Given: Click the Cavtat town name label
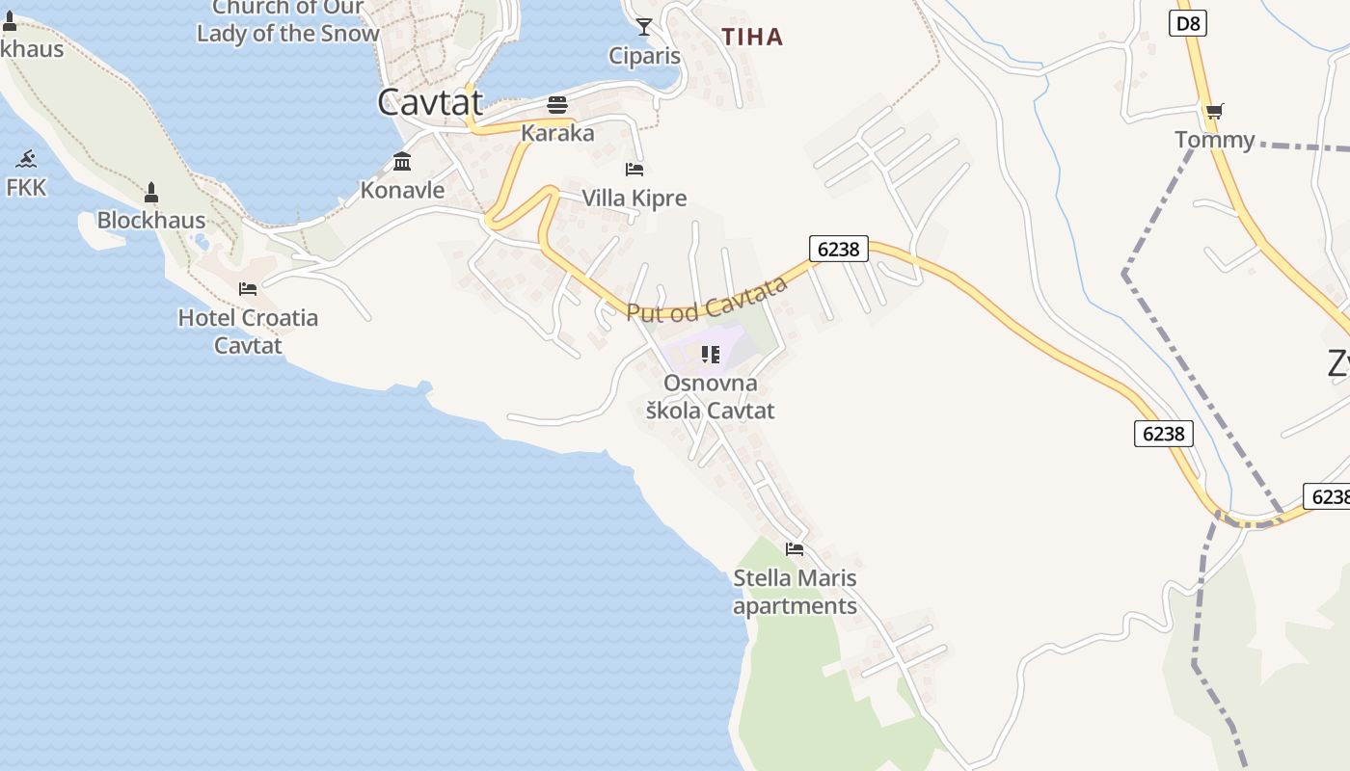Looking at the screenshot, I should tap(429, 102).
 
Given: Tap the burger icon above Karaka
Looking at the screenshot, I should tap(557, 104).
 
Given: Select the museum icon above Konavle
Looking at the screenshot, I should tap(402, 161).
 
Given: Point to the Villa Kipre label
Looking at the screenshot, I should tap(634, 199).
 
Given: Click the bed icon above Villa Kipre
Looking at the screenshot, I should tap(634, 170).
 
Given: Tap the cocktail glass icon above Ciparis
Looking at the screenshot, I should tap(644, 27).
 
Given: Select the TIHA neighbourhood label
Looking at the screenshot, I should tap(752, 38).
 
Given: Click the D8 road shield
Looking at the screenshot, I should tap(1188, 23).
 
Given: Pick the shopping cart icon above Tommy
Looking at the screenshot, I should tap(1215, 112).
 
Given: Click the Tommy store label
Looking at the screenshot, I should tap(1215, 140).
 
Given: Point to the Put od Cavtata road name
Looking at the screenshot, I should tap(707, 299).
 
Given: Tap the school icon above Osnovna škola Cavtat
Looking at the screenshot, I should tap(711, 355).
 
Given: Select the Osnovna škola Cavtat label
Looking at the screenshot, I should tap(711, 397).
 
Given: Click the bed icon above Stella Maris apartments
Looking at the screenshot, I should tap(795, 549).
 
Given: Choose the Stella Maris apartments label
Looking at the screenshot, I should tap(795, 592).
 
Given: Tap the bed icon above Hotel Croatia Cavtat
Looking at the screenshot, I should tap(248, 289).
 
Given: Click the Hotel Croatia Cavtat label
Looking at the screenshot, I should tap(248, 331).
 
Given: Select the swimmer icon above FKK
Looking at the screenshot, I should tap(26, 159).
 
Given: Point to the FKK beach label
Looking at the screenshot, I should tap(26, 187).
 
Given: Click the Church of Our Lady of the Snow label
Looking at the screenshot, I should tap(288, 21).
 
